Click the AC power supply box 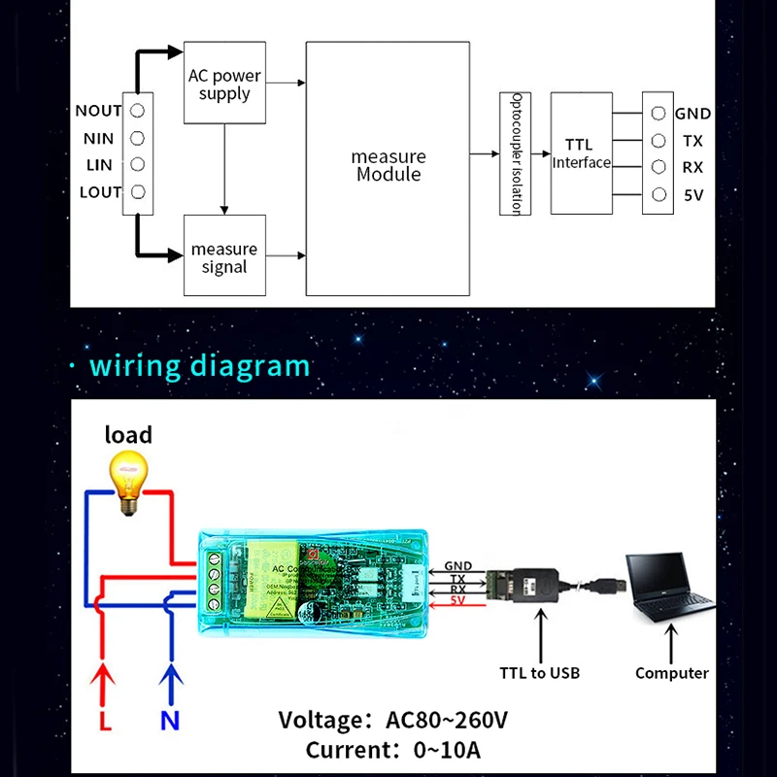(224, 83)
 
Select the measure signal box (224, 256)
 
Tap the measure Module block (388, 167)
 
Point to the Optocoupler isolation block (516, 153)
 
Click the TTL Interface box (582, 153)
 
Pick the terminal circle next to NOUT (138, 111)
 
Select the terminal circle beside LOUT (138, 191)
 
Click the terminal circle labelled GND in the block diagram (659, 114)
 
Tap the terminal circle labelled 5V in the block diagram (659, 194)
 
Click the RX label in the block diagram (693, 167)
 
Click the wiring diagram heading (199, 366)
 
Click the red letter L (105, 722)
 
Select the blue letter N (171, 722)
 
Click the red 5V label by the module (458, 601)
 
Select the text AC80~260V (447, 721)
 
